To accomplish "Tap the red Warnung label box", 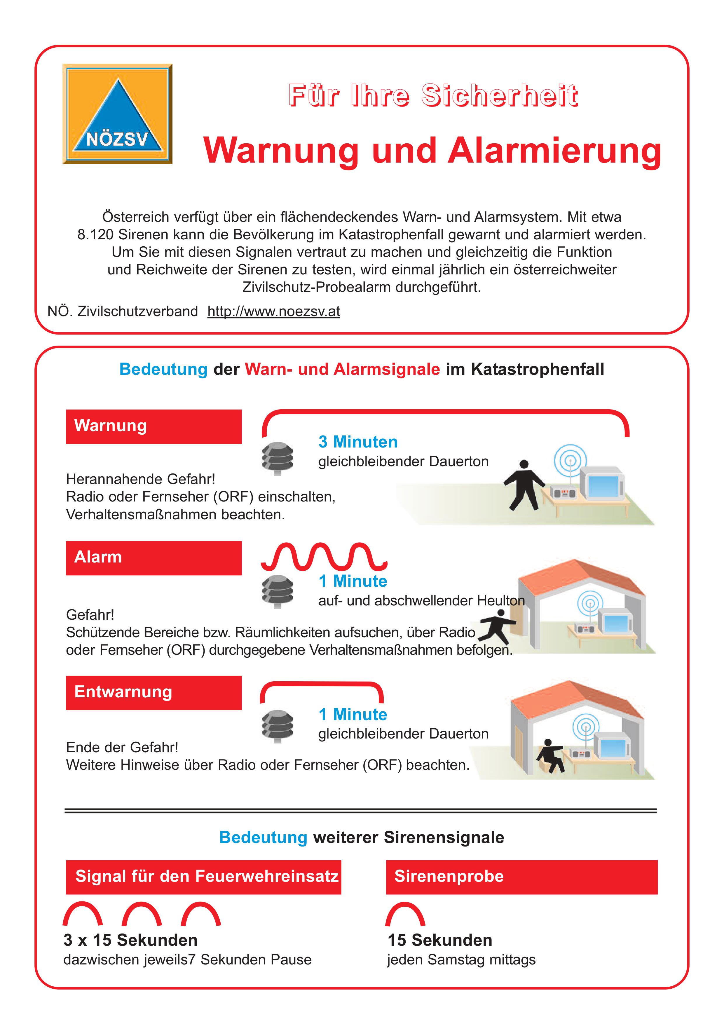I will coord(153,426).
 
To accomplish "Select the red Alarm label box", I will coord(153,558).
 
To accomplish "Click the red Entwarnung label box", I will coord(153,693).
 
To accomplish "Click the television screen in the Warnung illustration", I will coord(603,486).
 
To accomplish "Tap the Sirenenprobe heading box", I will coord(521,877).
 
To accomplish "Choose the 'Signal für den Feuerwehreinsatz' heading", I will coord(204,877).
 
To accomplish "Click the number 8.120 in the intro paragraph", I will coord(95,235).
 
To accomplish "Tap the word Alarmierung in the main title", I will coord(554,150).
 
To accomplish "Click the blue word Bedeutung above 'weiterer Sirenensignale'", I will coord(263,837).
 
